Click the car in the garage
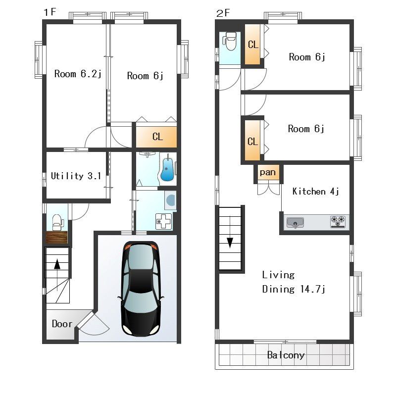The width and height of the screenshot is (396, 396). (x=141, y=289)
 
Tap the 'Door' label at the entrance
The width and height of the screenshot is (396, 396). (x=62, y=324)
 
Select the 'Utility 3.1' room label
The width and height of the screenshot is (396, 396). (x=76, y=176)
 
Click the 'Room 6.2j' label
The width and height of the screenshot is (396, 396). (x=78, y=74)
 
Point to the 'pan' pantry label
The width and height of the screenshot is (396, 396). (x=268, y=172)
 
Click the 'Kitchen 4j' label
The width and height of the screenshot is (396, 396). (x=315, y=191)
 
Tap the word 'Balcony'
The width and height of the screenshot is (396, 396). (x=286, y=355)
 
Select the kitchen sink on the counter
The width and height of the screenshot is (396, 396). (x=295, y=223)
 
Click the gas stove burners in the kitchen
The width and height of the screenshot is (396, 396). (x=338, y=221)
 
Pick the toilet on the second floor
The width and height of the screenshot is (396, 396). (x=230, y=41)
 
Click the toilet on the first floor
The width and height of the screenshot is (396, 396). (x=58, y=222)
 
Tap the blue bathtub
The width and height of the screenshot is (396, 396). (x=167, y=168)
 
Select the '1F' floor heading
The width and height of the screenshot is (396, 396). (x=50, y=12)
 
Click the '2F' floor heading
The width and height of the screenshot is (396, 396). (x=223, y=13)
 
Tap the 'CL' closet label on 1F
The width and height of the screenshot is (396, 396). (x=157, y=137)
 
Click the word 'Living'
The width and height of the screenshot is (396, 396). (x=278, y=275)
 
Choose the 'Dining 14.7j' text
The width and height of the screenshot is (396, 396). (x=294, y=289)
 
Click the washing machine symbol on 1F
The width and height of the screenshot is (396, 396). (x=170, y=200)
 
